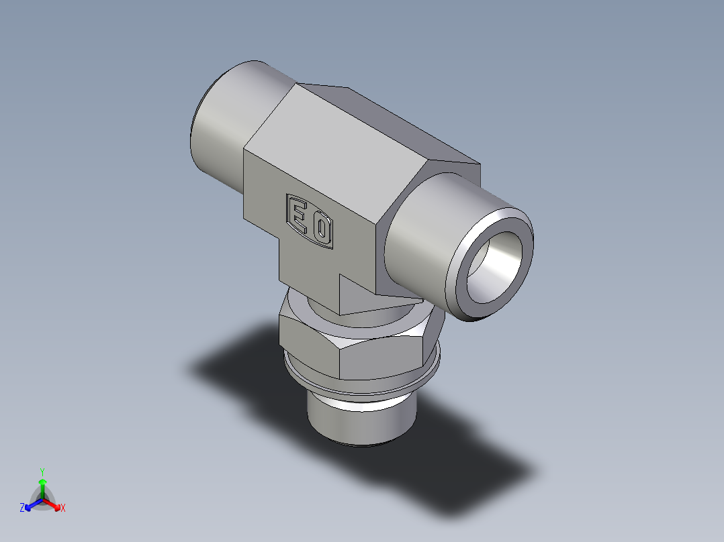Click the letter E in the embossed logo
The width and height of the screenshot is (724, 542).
tap(298, 213)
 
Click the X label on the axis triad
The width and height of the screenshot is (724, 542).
tap(63, 508)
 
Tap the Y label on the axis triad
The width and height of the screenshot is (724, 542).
tap(42, 471)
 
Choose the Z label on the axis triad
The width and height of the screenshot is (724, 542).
tap(22, 508)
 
